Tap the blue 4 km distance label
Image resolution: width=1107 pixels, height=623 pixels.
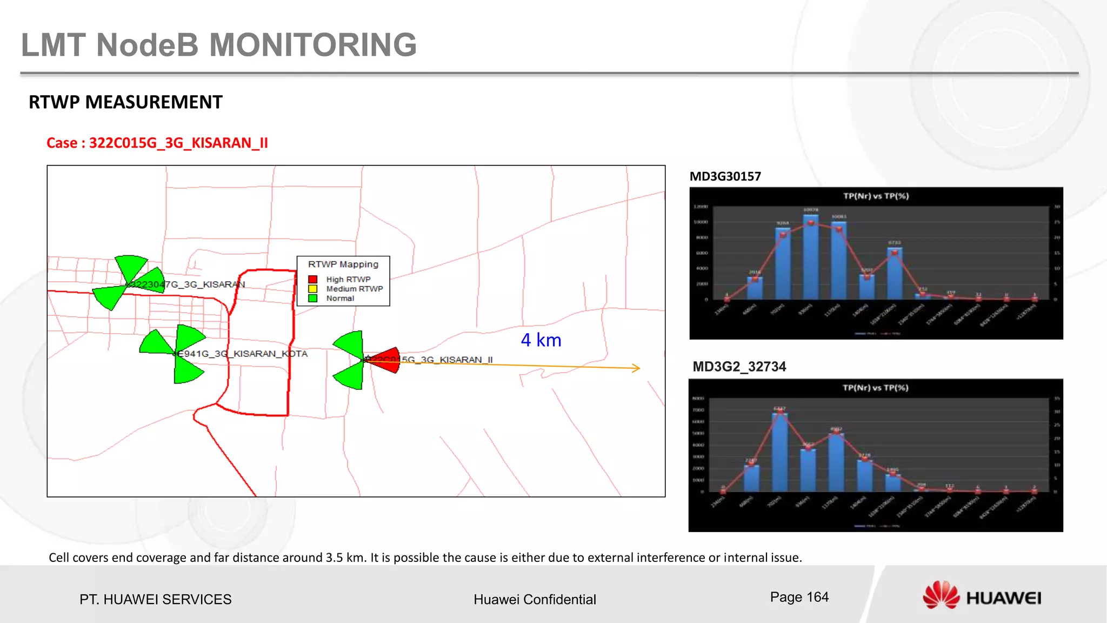point(541,340)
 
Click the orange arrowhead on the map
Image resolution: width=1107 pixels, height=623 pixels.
point(637,368)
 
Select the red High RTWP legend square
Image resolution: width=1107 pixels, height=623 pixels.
point(312,279)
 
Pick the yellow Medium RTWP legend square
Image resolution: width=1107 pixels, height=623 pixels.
point(312,289)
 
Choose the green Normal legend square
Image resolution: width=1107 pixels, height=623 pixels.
point(312,298)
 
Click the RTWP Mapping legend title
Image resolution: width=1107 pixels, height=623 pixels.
point(343,264)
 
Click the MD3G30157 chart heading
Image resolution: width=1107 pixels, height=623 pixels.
point(725,176)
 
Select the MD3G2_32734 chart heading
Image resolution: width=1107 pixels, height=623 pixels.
point(739,367)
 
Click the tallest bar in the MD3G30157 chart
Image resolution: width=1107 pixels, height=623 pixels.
point(810,257)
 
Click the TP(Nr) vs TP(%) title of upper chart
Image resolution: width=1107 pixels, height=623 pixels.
point(876,196)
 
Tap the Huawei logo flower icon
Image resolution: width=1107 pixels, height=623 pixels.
point(941,595)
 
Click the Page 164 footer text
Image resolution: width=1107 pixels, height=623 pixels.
point(799,597)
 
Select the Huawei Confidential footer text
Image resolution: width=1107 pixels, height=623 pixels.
point(535,599)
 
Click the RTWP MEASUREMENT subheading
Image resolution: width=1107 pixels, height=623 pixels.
point(125,102)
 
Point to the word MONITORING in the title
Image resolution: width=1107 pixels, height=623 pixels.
point(313,44)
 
